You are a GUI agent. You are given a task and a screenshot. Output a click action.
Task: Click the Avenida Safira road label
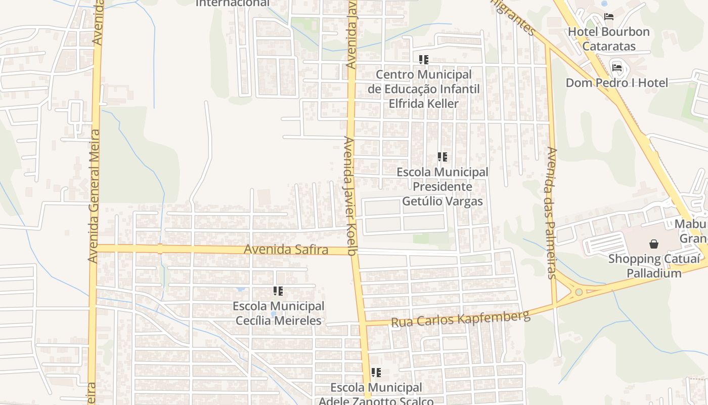pyautogui.click(x=286, y=250)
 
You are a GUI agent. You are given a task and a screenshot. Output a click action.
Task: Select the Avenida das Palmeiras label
pyautogui.click(x=551, y=213)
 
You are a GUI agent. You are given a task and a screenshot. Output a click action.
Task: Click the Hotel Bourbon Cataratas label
pyautogui.click(x=609, y=38)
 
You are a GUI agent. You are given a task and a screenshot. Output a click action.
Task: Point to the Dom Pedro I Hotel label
pyautogui.click(x=617, y=83)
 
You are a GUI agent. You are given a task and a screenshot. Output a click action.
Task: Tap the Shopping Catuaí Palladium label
pyautogui.click(x=654, y=266)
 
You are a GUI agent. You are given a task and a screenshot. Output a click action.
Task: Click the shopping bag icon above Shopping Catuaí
pyautogui.click(x=654, y=244)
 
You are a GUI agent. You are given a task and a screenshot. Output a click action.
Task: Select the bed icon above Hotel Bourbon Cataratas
pyautogui.click(x=609, y=17)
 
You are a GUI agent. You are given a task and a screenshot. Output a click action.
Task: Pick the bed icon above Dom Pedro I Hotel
pyautogui.click(x=617, y=67)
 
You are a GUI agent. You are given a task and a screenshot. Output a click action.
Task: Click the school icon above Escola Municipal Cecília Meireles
pyautogui.click(x=278, y=291)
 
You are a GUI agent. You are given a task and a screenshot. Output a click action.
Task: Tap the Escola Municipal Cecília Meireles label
pyautogui.click(x=278, y=313)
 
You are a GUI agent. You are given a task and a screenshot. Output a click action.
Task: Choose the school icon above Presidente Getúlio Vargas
pyautogui.click(x=442, y=157)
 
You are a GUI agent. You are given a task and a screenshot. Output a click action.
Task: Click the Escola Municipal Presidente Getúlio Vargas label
pyautogui.click(x=442, y=187)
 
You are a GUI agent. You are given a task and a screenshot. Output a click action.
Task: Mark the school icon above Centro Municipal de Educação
pyautogui.click(x=424, y=60)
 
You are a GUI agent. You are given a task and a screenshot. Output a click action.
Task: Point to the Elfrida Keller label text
pyautogui.click(x=424, y=104)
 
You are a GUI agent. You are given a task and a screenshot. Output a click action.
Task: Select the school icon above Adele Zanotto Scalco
pyautogui.click(x=376, y=373)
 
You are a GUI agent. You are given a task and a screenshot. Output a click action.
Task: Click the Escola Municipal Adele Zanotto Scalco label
pyautogui.click(x=376, y=394)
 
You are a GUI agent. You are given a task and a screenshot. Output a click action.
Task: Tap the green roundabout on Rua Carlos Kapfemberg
pyautogui.click(x=579, y=292)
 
